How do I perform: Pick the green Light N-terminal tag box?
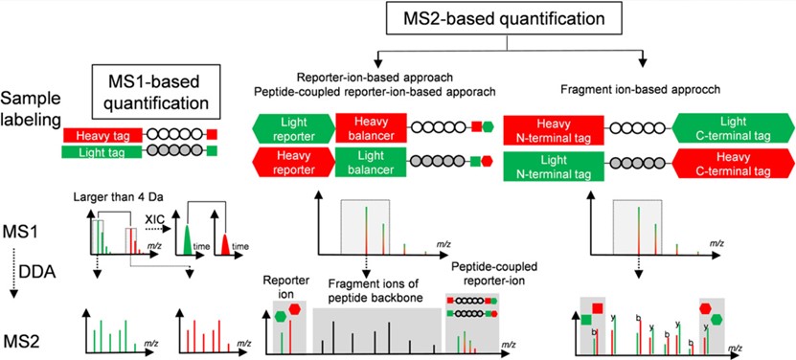[552, 165]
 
